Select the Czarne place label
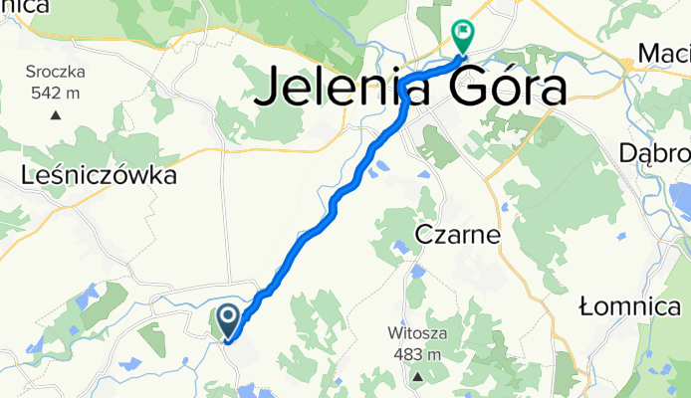point(458,236)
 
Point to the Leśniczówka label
point(99,176)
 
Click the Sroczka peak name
point(57,73)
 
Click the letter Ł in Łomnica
point(587,306)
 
